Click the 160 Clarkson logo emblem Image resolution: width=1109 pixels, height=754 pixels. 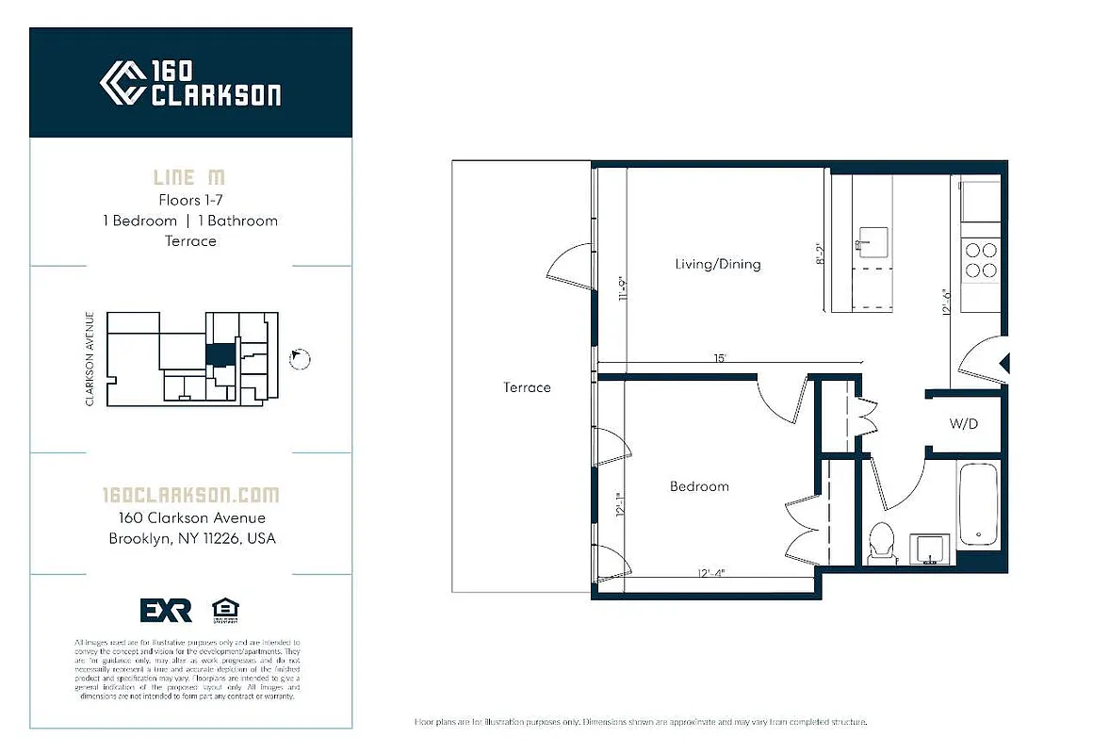coord(122,83)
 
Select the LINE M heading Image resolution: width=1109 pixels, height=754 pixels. coord(189,177)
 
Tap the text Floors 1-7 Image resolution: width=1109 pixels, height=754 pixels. coord(190,200)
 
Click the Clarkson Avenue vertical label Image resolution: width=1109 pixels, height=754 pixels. coord(90,359)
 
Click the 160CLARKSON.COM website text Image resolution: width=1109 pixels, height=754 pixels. coord(190,495)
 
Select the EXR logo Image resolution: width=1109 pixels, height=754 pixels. coord(166,611)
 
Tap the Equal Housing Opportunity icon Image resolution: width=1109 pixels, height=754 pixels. coord(224,610)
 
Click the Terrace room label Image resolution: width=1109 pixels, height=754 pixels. coord(527,387)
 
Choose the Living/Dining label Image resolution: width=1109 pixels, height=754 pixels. coord(717,264)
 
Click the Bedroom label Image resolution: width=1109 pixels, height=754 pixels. coord(699,486)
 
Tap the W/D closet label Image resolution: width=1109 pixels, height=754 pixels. coord(963,424)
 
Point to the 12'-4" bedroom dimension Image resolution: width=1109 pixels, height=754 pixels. coord(710,571)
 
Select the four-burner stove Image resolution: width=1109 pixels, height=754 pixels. coord(979,260)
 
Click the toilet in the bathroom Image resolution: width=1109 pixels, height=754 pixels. coord(881,543)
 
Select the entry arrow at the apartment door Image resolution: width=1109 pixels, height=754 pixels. coord(1004,363)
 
